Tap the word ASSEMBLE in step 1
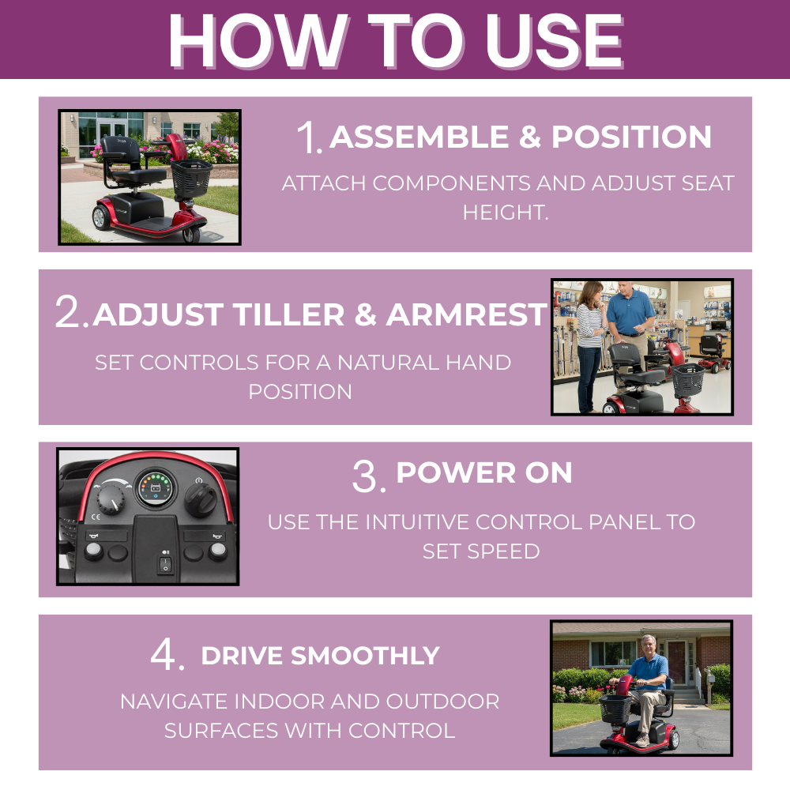419,137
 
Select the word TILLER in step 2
288,314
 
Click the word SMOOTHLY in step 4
365,656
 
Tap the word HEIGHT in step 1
502,212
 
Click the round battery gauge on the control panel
155,487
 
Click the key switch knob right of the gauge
201,498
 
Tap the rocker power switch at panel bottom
166,564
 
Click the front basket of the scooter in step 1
191,178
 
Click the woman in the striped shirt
590,346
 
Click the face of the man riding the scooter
649,645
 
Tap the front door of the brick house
676,661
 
